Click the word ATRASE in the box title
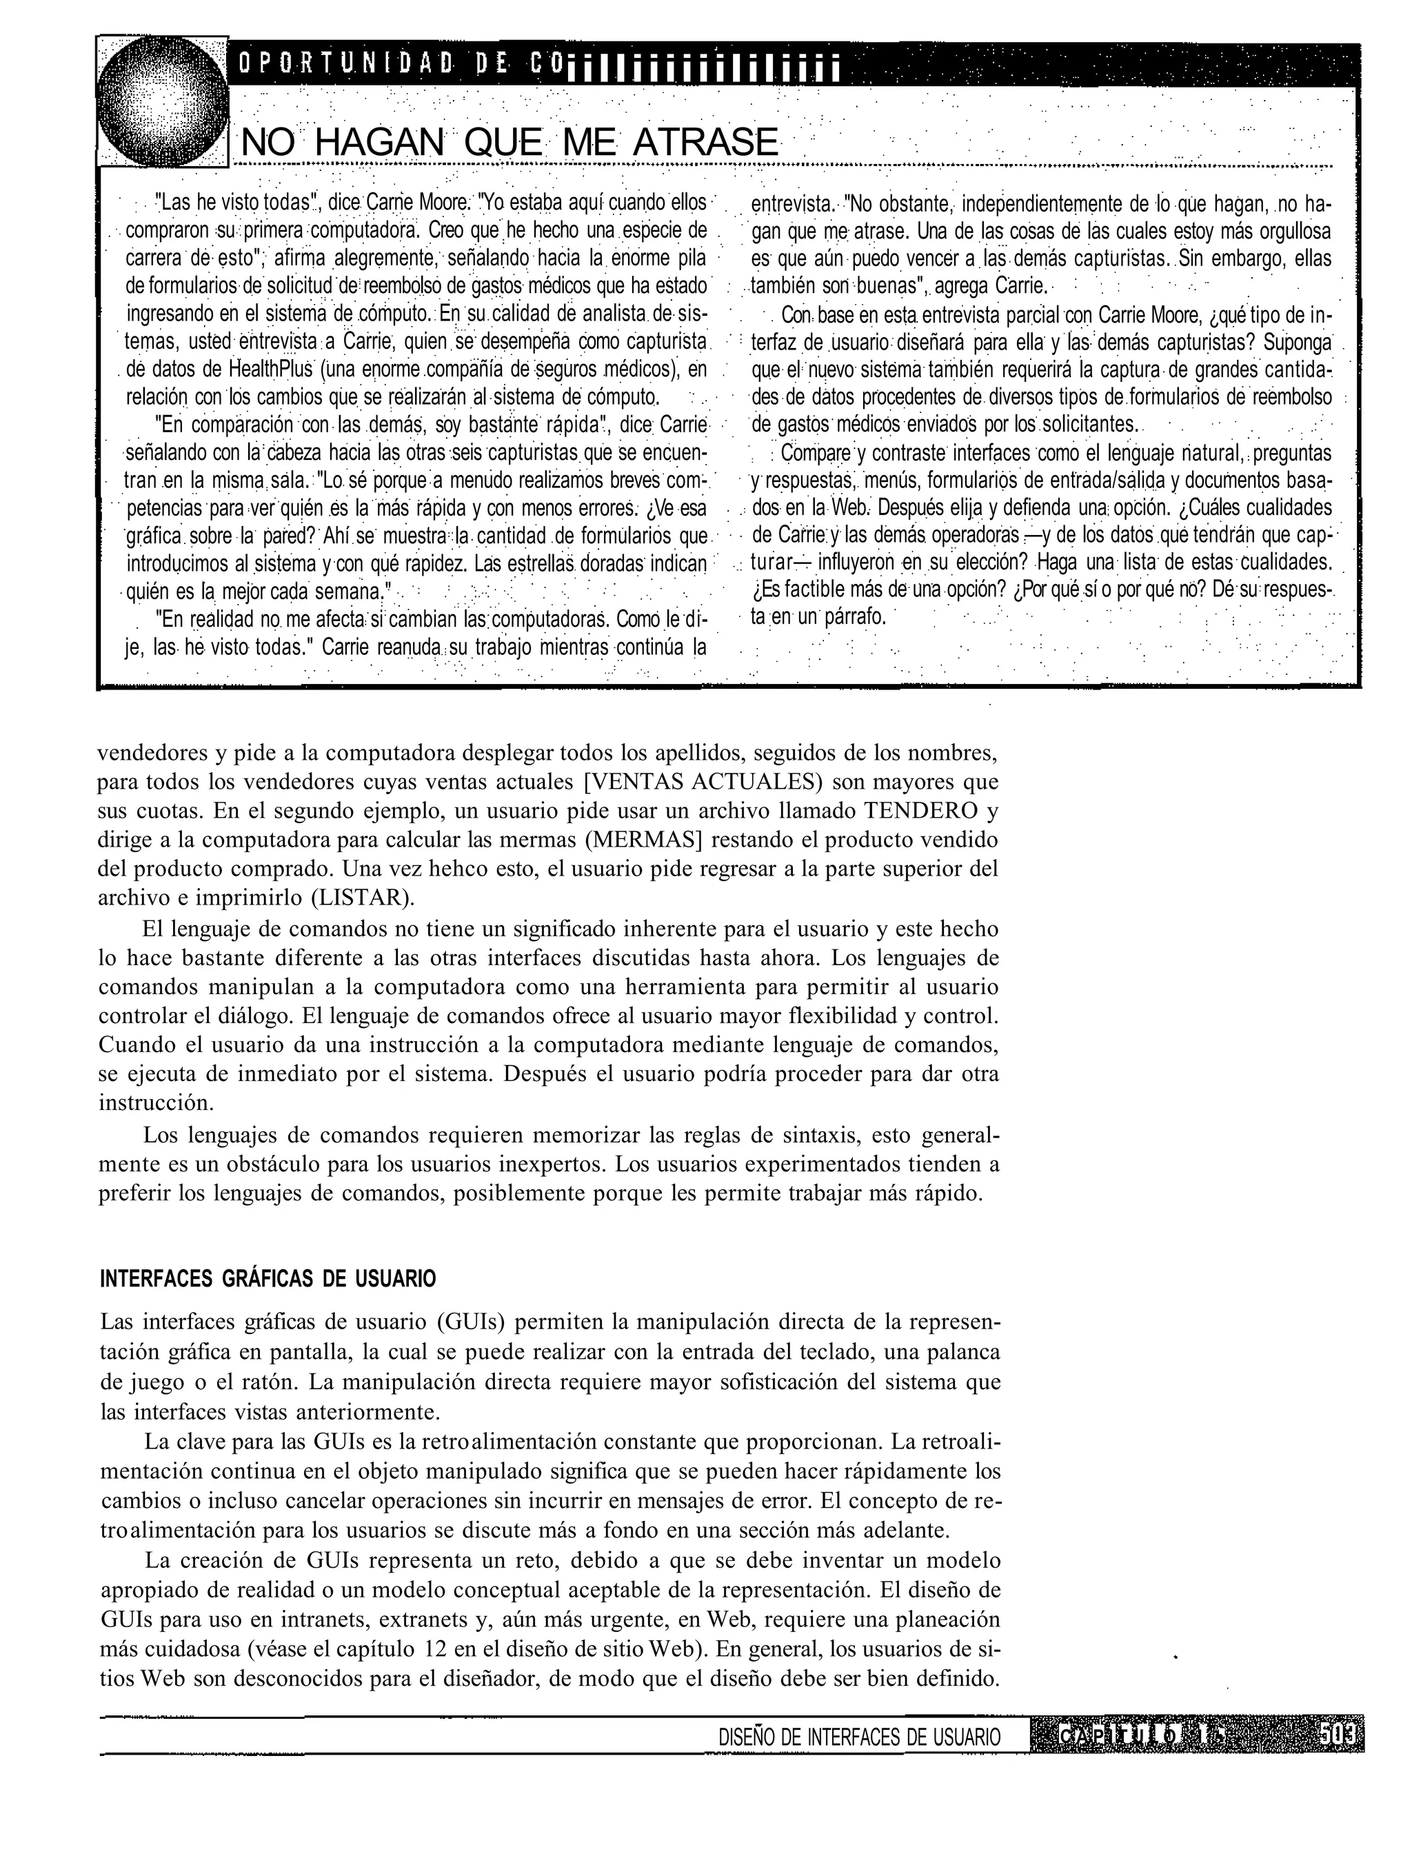point(705,142)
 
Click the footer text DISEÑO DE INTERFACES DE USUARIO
point(860,1737)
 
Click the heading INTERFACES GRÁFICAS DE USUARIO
point(268,1280)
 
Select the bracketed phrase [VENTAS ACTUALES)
point(702,782)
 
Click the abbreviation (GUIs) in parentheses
point(471,1322)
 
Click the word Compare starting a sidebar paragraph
point(817,453)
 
